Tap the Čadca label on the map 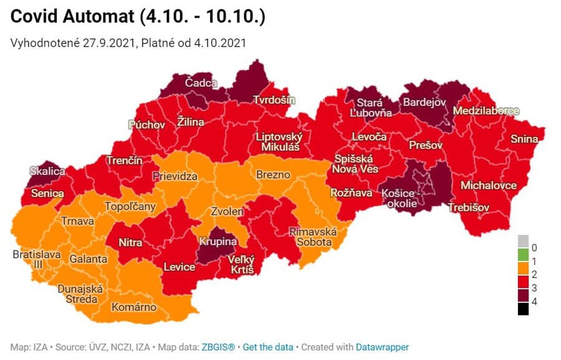pyautogui.click(x=201, y=83)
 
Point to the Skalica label pyautogui.click(x=47, y=171)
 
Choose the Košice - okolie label pyautogui.click(x=402, y=199)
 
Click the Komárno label pyautogui.click(x=134, y=307)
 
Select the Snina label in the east pyautogui.click(x=524, y=139)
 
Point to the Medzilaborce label pyautogui.click(x=486, y=111)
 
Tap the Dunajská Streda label pyautogui.click(x=78, y=294)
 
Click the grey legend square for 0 pyautogui.click(x=523, y=240)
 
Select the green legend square pyautogui.click(x=523, y=255)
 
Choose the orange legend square pyautogui.click(x=523, y=268)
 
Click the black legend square pyautogui.click(x=523, y=310)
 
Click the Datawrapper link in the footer pyautogui.click(x=382, y=347)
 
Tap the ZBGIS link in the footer pyautogui.click(x=218, y=347)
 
